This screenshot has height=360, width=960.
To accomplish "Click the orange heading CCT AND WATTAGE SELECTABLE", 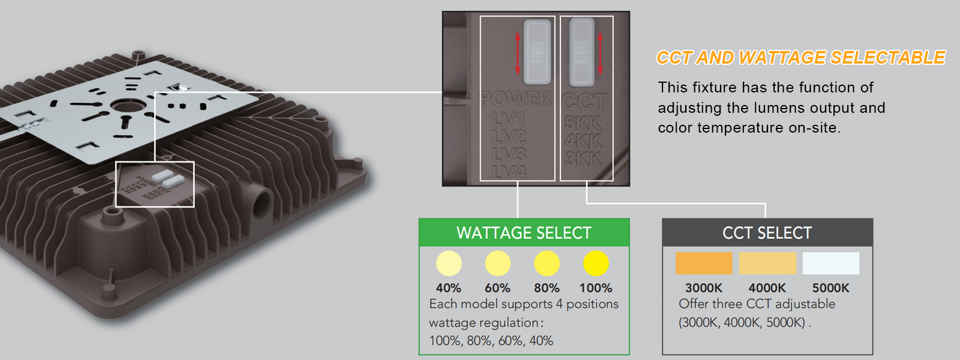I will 800,58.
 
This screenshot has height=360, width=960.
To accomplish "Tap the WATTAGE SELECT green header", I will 524,233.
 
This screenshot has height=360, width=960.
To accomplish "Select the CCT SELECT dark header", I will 767,233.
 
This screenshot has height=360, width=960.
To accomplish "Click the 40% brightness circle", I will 449,263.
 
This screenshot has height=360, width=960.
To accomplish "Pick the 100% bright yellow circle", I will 596,263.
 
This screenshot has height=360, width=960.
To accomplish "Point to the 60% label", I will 497,288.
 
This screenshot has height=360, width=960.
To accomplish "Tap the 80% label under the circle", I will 547,288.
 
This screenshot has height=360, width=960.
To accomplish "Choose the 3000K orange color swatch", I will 704,263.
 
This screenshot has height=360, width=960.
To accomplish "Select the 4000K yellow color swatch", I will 767,263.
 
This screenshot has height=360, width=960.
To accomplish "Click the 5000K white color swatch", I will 831,263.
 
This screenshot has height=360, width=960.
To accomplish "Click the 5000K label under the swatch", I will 831,288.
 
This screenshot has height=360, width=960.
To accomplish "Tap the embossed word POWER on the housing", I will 516,99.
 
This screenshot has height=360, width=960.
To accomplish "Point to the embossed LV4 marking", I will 509,172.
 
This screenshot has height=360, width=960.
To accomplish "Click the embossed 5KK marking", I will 583,123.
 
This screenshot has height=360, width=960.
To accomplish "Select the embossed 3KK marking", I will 583,158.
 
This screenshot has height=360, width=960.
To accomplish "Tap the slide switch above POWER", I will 537,52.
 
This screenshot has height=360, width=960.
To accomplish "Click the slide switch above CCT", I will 581,50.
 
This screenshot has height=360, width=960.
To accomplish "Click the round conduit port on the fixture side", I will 262,204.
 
